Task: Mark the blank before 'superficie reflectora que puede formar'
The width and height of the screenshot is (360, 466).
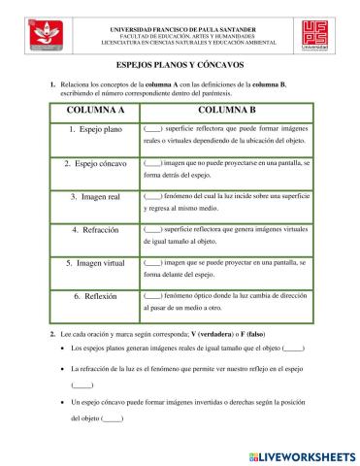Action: point(152,128)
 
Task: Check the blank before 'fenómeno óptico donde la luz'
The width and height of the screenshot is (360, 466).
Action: point(152,294)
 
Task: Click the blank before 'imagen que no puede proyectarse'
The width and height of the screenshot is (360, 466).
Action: point(152,161)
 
